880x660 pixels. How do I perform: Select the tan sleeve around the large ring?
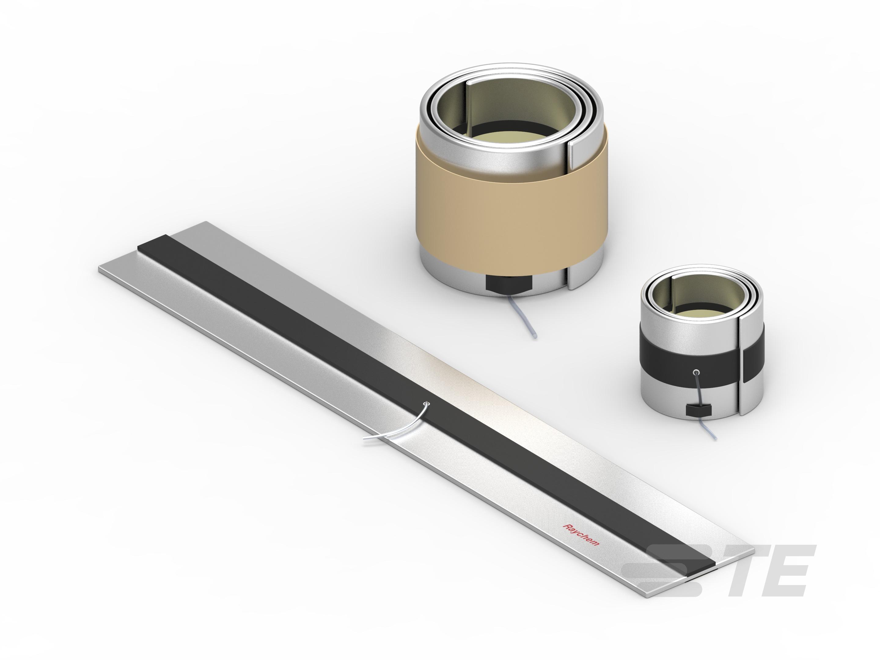pos(509,211)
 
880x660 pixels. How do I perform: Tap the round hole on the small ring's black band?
pos(696,373)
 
